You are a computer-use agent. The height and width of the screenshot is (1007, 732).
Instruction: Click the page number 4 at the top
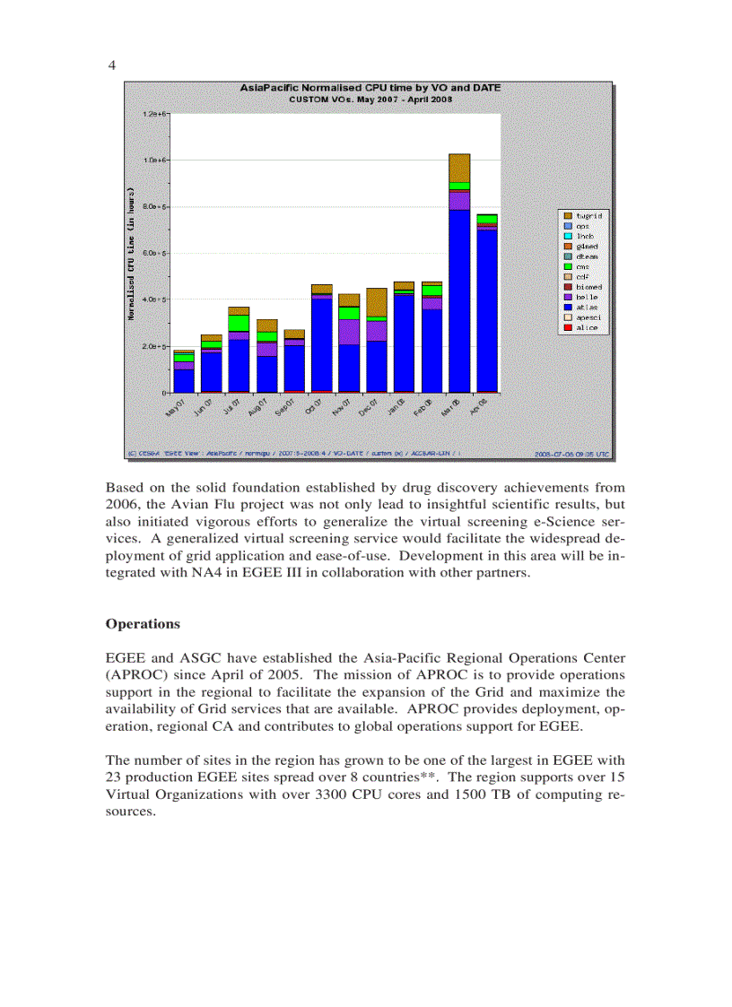[111, 65]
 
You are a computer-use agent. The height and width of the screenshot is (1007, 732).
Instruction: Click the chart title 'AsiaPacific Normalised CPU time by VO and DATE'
[370, 88]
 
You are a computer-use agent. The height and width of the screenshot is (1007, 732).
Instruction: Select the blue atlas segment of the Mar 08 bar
[459, 300]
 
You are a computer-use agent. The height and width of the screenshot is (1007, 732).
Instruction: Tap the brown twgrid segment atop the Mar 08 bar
[459, 168]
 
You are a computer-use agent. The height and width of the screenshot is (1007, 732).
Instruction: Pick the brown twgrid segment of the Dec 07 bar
[377, 302]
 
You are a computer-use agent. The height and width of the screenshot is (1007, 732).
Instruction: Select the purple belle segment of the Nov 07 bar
[349, 332]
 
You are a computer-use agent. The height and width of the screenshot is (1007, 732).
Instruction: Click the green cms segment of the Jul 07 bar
[239, 323]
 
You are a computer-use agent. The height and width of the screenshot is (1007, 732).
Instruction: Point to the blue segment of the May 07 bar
[184, 380]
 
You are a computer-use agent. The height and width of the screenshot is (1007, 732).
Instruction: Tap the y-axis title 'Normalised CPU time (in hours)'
[131, 254]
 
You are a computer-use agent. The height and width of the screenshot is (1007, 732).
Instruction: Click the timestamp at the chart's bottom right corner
[571, 455]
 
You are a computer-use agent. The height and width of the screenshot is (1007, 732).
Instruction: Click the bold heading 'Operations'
[143, 624]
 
